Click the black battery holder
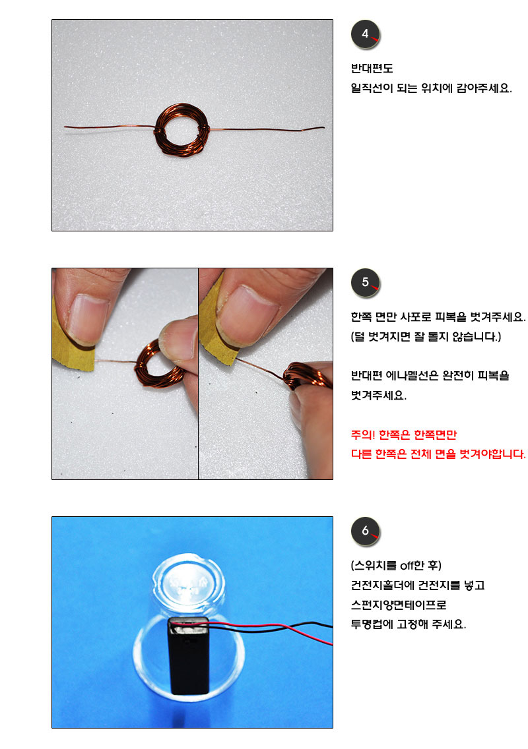click(x=189, y=655)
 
